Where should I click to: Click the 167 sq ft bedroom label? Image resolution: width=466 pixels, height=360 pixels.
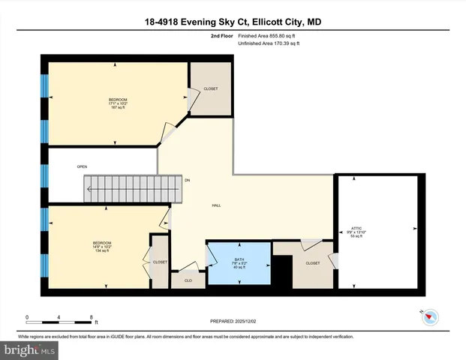117,103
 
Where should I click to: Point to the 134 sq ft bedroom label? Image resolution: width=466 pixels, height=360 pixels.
102,247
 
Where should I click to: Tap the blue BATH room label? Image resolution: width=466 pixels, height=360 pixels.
239,262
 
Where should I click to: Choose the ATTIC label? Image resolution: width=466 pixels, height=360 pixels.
357,231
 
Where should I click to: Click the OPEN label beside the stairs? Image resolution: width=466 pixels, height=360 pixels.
83,166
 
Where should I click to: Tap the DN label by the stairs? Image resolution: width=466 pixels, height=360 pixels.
188,181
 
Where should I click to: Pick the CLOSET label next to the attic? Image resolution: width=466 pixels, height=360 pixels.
313,263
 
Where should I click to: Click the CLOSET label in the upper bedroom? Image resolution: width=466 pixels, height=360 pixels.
211,89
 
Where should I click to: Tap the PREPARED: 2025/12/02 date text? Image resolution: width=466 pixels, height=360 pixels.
233,322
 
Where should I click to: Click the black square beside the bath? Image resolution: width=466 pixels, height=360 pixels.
281,272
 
